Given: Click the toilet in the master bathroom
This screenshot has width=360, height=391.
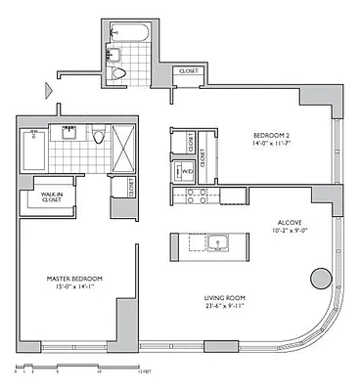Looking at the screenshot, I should tap(98, 137).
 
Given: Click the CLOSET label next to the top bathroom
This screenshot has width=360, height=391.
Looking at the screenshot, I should tap(187, 71).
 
